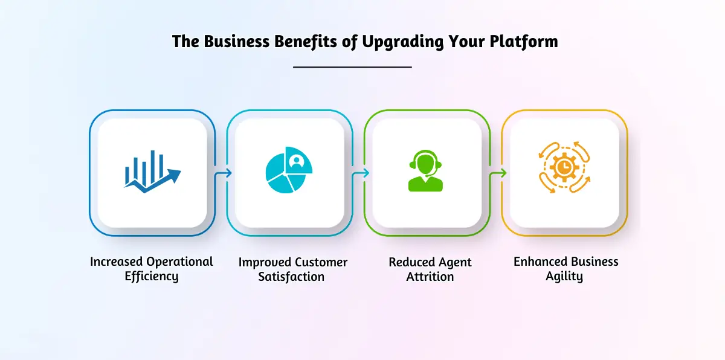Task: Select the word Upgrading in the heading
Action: tap(399, 41)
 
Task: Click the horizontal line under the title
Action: tap(352, 67)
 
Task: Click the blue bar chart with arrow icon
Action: tap(152, 172)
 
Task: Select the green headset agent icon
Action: tap(426, 172)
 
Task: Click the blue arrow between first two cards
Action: tap(224, 173)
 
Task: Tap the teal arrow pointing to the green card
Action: tap(361, 173)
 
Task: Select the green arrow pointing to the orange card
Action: tap(498, 173)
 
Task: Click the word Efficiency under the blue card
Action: tap(152, 277)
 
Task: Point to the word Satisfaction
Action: tap(292, 277)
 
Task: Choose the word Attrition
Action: tap(430, 277)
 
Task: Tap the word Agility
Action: tap(566, 277)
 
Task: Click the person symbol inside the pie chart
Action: tap(297, 161)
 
